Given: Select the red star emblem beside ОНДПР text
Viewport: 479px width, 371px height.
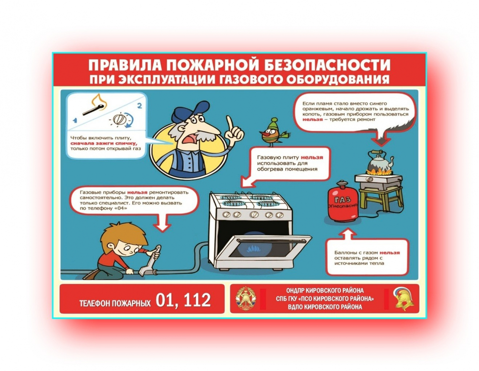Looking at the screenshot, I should (x=245, y=299).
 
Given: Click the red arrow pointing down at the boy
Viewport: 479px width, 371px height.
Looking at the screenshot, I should (x=161, y=222).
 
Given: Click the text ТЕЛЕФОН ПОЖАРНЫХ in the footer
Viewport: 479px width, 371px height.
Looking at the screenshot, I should (x=114, y=303).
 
